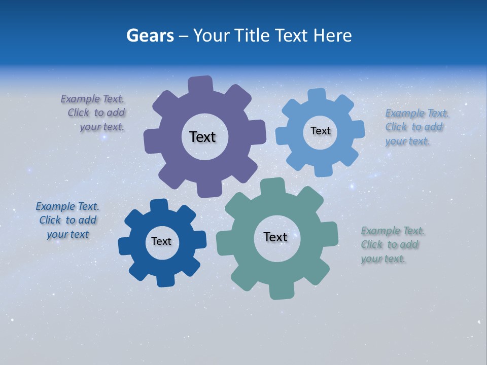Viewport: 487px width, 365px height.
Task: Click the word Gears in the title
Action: pyautogui.click(x=150, y=35)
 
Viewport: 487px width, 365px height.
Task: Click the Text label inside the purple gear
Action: pyautogui.click(x=202, y=137)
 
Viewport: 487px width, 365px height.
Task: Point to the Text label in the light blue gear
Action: pyautogui.click(x=320, y=131)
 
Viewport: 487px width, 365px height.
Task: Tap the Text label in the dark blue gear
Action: pyautogui.click(x=161, y=241)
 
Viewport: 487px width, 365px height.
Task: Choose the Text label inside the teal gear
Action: pyautogui.click(x=275, y=237)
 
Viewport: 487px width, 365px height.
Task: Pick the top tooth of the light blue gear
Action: pyautogui.click(x=317, y=95)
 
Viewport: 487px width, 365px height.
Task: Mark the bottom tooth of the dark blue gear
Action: pyautogui.click(x=165, y=279)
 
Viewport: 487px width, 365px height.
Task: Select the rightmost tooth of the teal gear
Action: pyautogui.click(x=330, y=232)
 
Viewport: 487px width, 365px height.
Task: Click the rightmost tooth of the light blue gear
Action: pyautogui.click(x=358, y=129)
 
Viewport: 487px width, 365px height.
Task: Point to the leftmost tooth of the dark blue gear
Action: pyautogui.click(x=124, y=246)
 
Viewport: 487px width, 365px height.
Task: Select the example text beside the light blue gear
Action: pyautogui.click(x=416, y=127)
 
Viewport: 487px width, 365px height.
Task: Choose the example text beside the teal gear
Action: pyautogui.click(x=392, y=245)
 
